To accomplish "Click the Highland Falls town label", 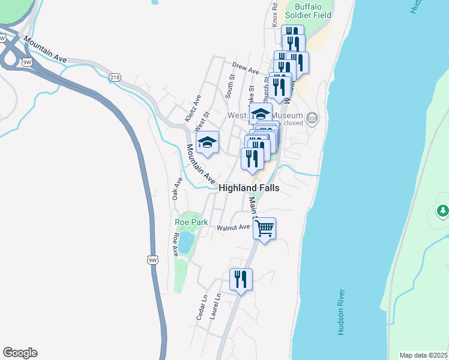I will click(x=249, y=188).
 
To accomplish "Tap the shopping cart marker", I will click(x=264, y=228).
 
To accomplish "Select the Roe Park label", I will click(x=191, y=222).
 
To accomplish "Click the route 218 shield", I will click(x=115, y=77).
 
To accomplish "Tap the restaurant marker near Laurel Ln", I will click(x=241, y=279).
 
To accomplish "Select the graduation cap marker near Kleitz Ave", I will click(x=207, y=142).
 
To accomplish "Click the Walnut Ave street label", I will click(x=233, y=227).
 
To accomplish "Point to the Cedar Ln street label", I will click(x=203, y=306).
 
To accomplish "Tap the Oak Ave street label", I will click(x=176, y=188).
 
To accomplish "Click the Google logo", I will click(x=20, y=353).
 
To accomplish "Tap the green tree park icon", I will click(x=443, y=211).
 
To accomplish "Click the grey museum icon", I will click(x=312, y=117).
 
